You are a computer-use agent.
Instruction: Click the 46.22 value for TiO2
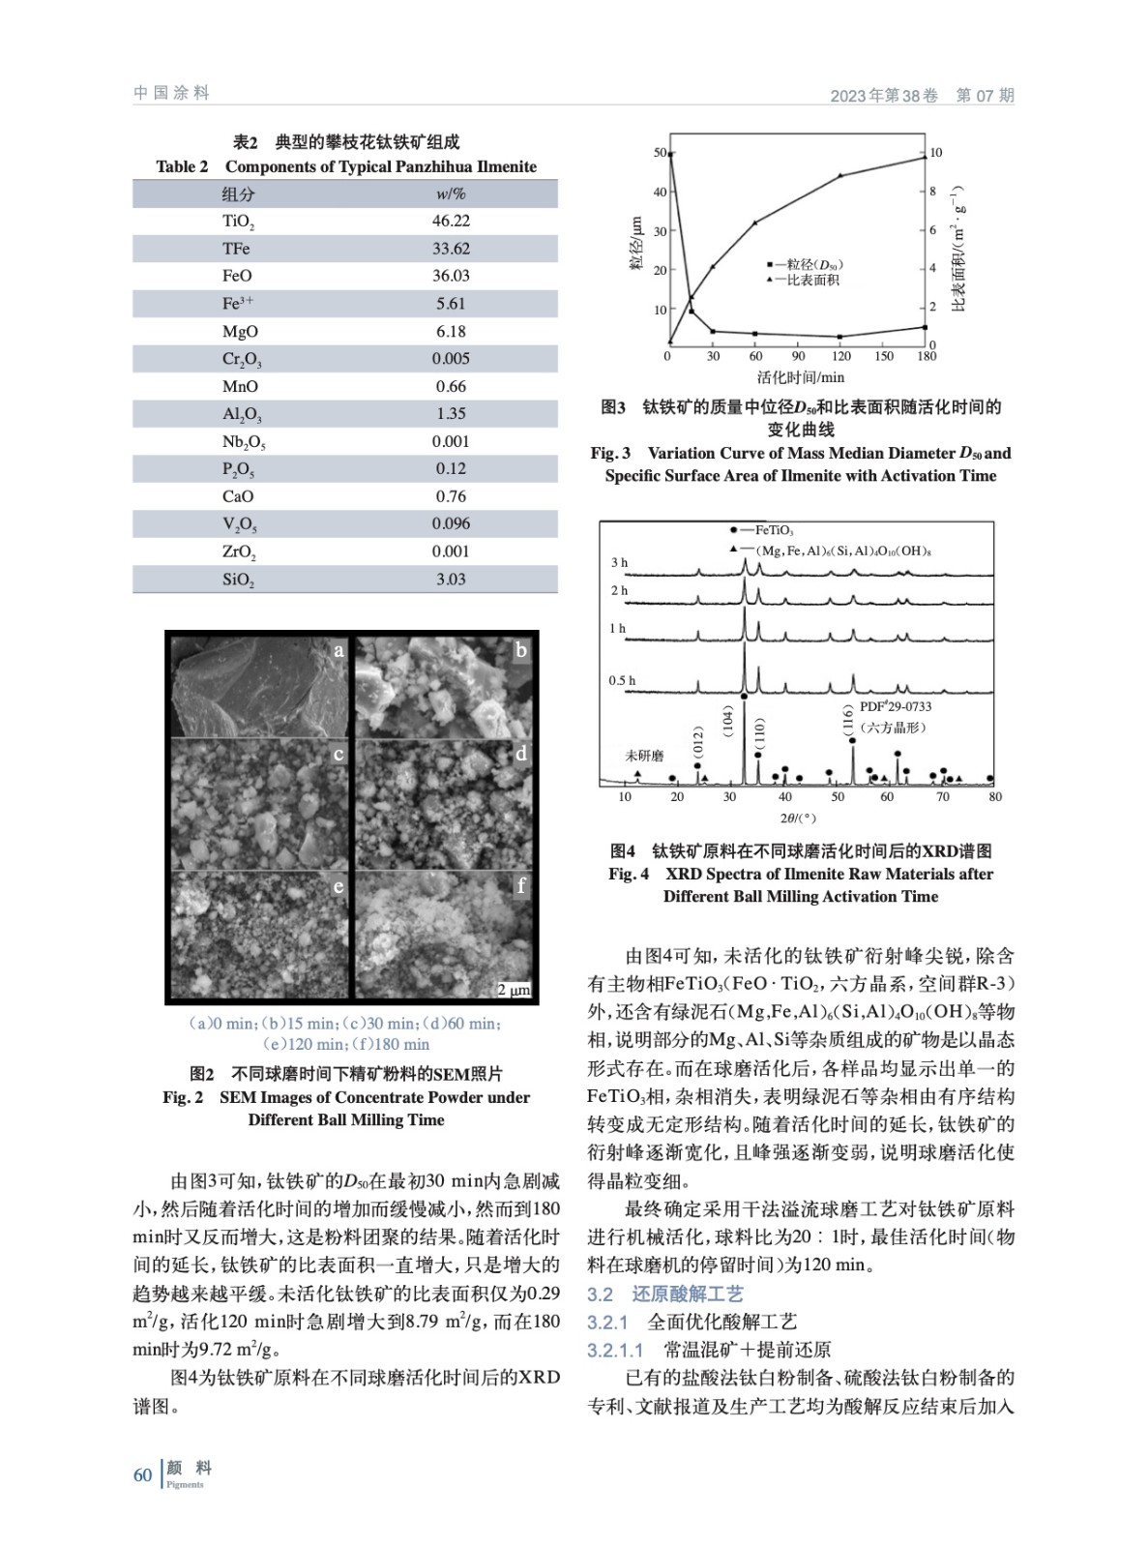point(451,221)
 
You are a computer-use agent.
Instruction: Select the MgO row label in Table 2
point(240,331)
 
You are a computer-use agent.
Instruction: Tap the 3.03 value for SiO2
point(451,580)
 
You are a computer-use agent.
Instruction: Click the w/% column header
point(451,193)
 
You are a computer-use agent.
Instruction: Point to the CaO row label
point(238,496)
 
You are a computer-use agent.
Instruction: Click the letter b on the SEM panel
point(521,650)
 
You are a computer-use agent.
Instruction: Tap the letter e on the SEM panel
point(339,886)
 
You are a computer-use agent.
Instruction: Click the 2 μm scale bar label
point(514,990)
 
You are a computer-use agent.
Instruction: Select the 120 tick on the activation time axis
point(841,356)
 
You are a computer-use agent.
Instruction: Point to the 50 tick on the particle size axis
point(660,153)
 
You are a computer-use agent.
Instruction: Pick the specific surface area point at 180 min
point(926,158)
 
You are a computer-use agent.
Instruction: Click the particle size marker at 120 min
point(840,337)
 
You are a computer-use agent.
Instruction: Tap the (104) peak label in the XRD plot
point(728,720)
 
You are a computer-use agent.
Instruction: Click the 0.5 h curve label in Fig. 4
point(622,680)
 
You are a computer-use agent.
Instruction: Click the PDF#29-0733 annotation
point(896,707)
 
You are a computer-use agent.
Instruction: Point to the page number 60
point(142,1475)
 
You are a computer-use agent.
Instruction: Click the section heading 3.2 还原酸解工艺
point(665,1295)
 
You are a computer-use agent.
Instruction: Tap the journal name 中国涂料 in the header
point(172,94)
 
